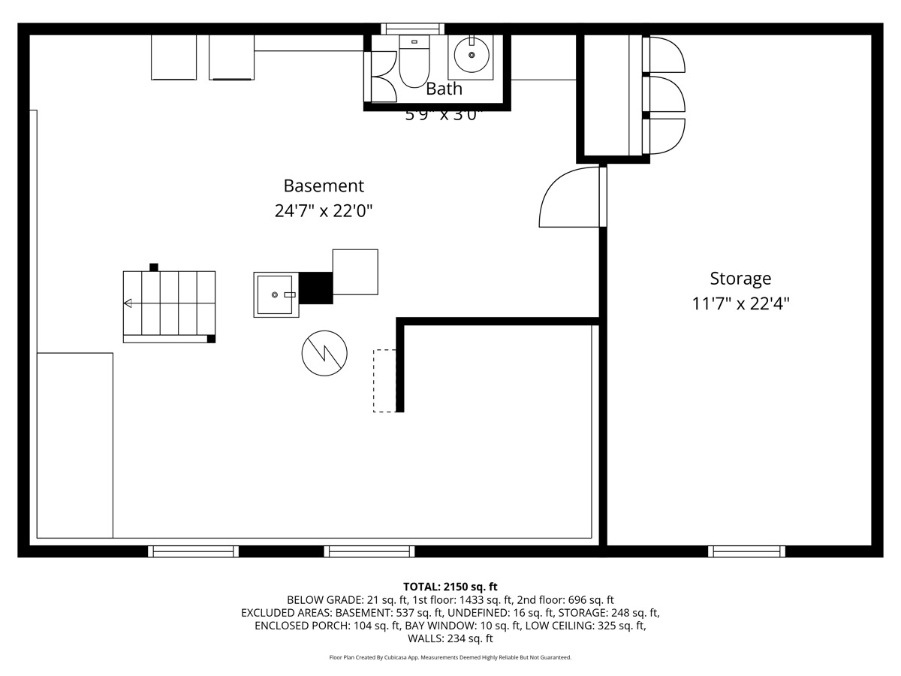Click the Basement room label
324,186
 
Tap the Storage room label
740,279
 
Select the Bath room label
444,89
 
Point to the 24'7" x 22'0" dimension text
324,211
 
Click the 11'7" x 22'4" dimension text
740,304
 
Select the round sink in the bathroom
471,56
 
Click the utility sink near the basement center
276,295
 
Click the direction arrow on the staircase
128,303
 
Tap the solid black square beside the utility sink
315,288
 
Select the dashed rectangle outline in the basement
384,381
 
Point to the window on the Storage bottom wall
746,551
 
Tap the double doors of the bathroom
381,77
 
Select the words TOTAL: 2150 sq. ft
450,587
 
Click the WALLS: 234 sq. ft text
450,638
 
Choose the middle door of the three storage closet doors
664,95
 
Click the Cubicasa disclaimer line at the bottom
450,657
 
